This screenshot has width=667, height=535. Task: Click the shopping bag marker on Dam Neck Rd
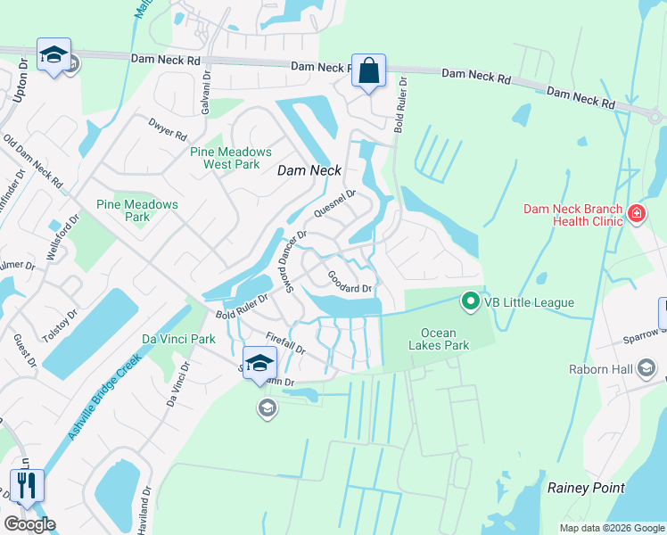[368, 70]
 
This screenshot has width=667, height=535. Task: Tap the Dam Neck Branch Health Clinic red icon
[637, 213]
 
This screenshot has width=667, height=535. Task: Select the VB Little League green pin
[471, 302]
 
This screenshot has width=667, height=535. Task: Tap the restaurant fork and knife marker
[26, 486]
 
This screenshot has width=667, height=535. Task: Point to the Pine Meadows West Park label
[225, 158]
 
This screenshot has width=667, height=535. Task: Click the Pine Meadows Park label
[137, 210]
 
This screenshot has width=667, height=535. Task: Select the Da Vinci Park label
[178, 339]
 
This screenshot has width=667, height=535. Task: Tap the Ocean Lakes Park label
[438, 339]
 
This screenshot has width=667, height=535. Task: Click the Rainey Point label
[586, 488]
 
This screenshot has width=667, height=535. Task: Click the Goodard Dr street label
[349, 282]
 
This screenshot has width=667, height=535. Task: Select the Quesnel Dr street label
[335, 207]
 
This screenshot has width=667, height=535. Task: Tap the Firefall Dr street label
[286, 343]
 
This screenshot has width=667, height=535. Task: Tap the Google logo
[29, 524]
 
